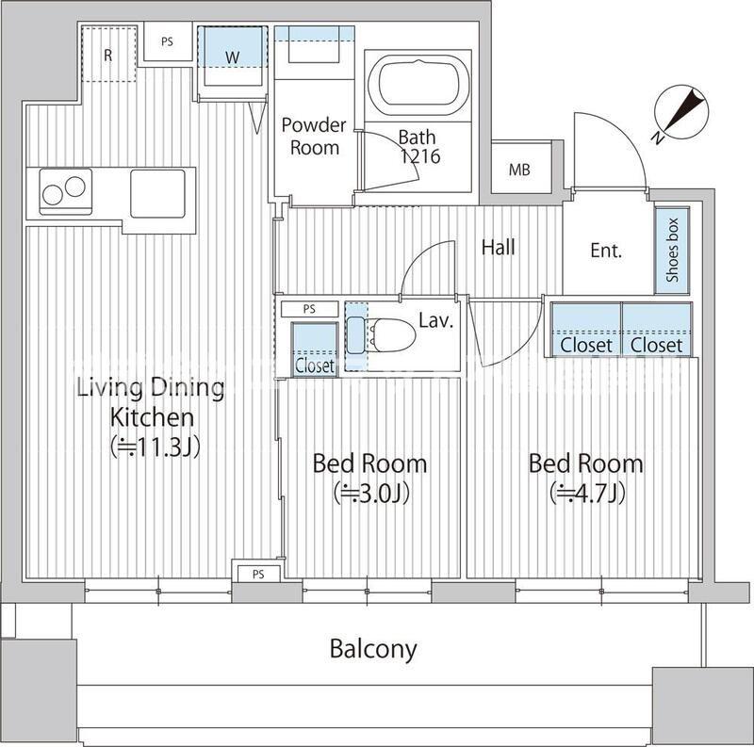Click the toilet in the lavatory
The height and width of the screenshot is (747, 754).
389,334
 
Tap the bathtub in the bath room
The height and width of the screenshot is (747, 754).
418,85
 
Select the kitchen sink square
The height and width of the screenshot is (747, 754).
157,193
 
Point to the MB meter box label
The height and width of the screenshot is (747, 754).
519,170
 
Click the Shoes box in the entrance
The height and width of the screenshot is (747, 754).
672,250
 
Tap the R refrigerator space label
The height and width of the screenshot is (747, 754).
108,56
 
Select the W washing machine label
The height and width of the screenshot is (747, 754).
232,57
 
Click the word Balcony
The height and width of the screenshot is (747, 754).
373,649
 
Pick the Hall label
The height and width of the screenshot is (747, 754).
499,248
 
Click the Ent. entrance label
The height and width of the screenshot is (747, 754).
606,251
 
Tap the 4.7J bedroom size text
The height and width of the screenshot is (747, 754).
587,494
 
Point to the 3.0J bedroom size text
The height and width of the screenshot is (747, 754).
371,494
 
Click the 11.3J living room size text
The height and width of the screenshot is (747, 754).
155,447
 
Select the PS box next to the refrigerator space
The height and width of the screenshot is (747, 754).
168,42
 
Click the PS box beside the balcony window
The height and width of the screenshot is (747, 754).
258,574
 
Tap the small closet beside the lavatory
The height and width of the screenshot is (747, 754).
315,349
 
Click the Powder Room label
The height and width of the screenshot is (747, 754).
314,137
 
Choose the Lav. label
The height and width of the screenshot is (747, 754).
436,320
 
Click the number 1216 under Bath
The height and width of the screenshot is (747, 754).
420,156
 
